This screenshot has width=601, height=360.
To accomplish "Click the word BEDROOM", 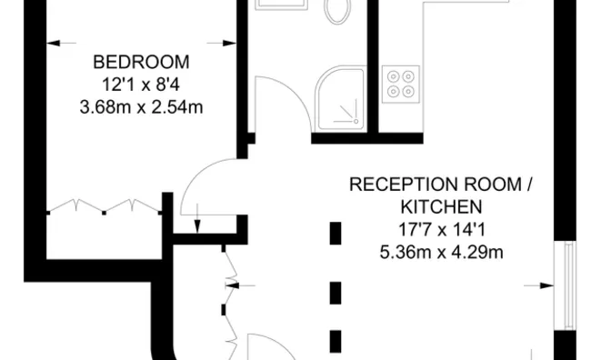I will tap(142, 63).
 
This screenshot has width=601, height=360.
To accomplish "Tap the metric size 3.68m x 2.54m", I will tap(142, 107).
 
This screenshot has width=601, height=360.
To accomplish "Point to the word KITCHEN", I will tap(441, 207).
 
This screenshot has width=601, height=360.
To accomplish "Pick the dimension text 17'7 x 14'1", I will tap(441, 230).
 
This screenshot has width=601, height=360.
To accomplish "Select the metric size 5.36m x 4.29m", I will tap(441, 253).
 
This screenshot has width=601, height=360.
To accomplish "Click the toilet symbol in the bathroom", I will tap(337, 11).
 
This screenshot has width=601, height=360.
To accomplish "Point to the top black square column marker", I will tap(335, 234).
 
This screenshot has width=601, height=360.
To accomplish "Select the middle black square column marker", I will tap(335, 292).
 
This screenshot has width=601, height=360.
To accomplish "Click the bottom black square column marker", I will tap(335, 343).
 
